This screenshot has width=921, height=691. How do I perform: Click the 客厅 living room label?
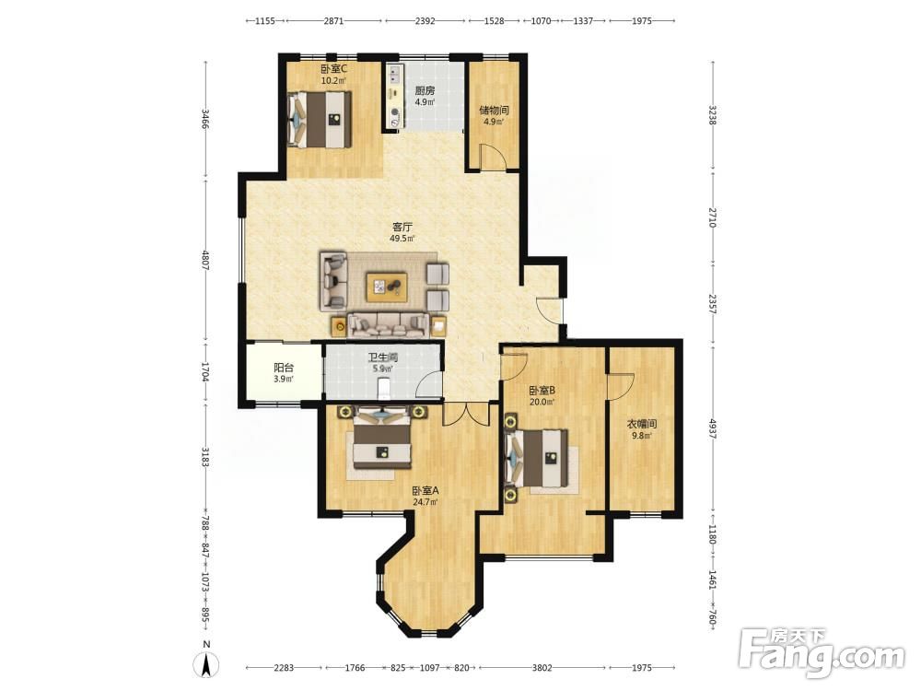(x=402, y=227)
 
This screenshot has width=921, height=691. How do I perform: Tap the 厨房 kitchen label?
(x=425, y=90)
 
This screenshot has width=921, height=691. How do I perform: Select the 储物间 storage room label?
(x=494, y=110)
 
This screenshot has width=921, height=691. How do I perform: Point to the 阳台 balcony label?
(x=284, y=368)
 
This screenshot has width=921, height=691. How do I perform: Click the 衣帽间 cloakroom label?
(x=641, y=424)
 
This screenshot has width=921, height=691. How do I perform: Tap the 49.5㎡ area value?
(x=402, y=239)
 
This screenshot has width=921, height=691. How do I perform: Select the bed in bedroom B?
(x=537, y=458)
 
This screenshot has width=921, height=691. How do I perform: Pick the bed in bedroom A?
(x=382, y=438)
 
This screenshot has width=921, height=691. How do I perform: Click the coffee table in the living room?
(x=387, y=287)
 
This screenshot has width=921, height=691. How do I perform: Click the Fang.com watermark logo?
(x=822, y=652)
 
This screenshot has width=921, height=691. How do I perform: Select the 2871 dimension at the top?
(x=333, y=20)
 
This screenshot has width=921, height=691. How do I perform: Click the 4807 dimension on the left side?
(x=205, y=261)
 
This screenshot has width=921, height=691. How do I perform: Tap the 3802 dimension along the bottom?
(x=542, y=667)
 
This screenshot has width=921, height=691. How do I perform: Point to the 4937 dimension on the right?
(x=713, y=429)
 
